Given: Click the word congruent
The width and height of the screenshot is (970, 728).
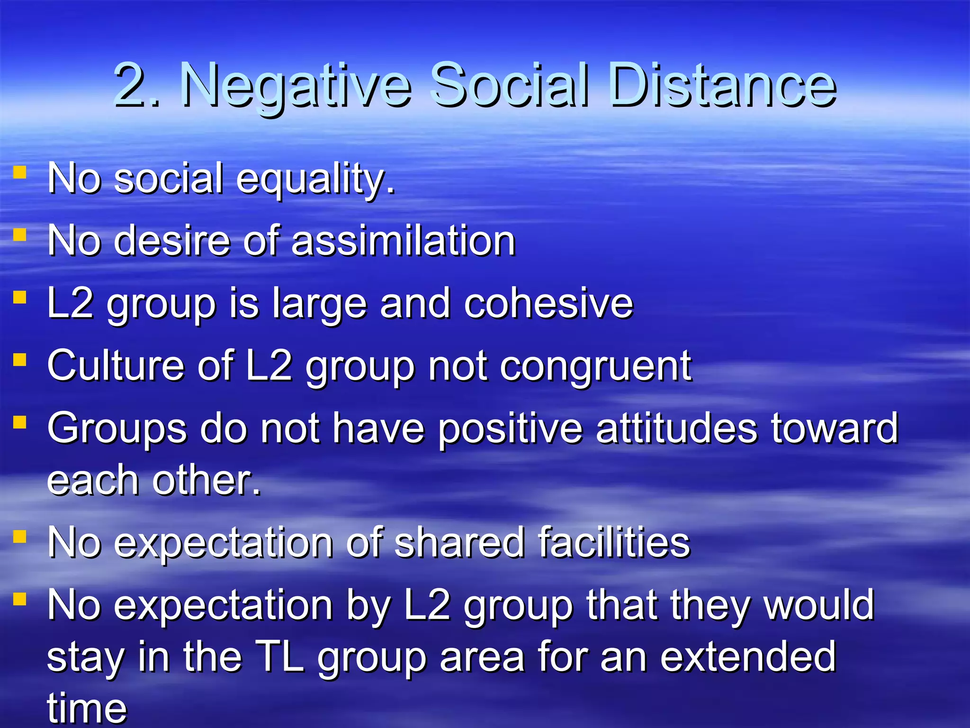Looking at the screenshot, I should click(595, 366).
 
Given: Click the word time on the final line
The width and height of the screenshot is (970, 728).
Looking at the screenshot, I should click(87, 709).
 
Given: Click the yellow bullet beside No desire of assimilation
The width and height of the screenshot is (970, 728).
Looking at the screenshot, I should click(19, 234).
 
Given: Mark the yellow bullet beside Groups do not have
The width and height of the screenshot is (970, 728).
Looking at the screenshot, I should click(19, 422).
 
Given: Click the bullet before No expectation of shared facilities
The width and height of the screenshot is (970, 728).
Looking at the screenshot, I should click(19, 536).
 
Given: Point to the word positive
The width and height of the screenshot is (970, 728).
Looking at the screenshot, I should click(510, 429).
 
